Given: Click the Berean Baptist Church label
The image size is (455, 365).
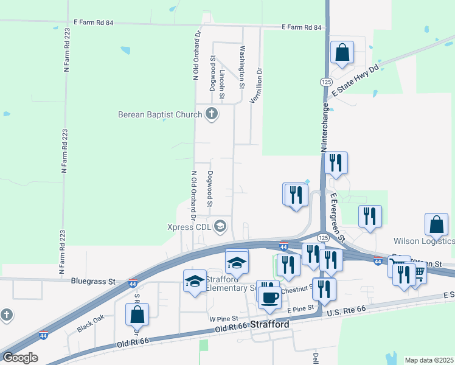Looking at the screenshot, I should click(x=160, y=114).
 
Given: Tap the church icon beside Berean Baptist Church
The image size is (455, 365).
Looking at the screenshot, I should click(x=212, y=114).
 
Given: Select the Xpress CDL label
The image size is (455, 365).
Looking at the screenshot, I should click(x=188, y=227).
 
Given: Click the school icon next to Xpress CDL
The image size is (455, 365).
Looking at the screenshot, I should click(x=220, y=227).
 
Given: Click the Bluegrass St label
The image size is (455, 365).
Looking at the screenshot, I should click(x=93, y=282).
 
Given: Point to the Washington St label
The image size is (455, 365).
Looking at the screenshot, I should click(x=242, y=67).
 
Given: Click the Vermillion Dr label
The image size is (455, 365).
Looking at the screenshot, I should click(x=260, y=86).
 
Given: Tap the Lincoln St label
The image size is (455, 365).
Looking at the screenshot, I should click(x=223, y=84).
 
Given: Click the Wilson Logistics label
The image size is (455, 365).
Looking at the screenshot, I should click(x=424, y=241).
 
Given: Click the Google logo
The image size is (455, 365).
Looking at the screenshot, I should click(x=19, y=358).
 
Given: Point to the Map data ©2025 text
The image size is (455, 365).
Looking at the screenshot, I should click(x=428, y=360).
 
